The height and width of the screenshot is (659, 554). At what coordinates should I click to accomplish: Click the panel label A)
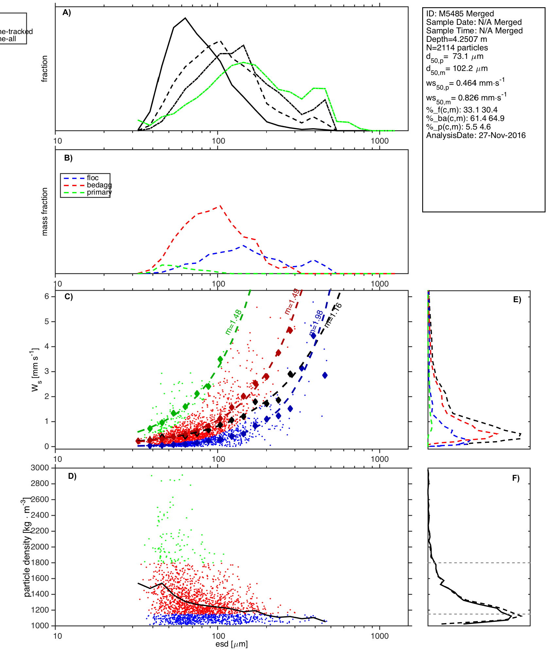[67, 13]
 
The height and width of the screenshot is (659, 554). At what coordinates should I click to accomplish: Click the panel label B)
[68, 158]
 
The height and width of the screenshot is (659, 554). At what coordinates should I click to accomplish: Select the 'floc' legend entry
[93, 178]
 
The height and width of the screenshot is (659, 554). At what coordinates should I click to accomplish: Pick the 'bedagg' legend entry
[99, 185]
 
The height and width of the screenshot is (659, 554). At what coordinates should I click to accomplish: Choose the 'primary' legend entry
[99, 192]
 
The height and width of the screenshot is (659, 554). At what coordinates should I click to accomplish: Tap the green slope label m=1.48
[234, 322]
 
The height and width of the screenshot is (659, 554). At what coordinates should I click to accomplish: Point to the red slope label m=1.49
[291, 301]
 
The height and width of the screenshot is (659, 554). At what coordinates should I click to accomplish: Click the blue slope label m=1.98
[316, 323]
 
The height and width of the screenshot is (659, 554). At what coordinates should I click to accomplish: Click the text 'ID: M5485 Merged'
[460, 14]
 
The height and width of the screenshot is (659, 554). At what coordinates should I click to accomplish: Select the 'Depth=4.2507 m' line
[457, 39]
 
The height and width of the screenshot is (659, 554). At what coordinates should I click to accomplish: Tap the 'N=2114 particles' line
[457, 48]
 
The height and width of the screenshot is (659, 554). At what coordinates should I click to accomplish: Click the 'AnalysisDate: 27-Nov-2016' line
[476, 135]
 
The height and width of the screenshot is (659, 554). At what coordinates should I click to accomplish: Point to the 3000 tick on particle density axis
[40, 468]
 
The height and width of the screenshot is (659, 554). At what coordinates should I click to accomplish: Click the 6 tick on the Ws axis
[47, 296]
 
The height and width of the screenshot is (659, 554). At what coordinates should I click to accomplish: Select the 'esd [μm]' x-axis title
[232, 644]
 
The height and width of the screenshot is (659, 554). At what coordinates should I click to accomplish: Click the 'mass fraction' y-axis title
[45, 212]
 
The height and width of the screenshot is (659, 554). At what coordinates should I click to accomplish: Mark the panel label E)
[517, 300]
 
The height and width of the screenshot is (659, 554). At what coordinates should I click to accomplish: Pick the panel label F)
[516, 478]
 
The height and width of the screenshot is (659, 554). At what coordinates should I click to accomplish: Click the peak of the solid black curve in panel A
[185, 18]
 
